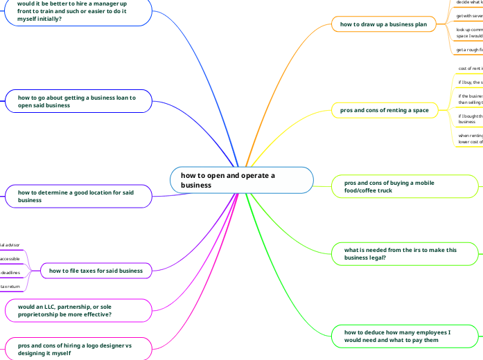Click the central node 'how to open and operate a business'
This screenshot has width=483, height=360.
pyautogui.click(x=241, y=180)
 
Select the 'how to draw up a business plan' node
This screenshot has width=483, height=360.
pyautogui.click(x=383, y=24)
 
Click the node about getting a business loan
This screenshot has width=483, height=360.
pyautogui.click(x=78, y=102)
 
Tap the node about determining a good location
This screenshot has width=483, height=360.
pyautogui.click(x=78, y=196)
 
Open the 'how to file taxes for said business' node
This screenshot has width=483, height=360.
pyautogui.click(x=96, y=271)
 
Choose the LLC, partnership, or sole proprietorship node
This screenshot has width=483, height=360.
pyautogui.click(x=78, y=310)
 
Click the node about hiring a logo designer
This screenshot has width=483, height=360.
pyautogui.click(x=78, y=348)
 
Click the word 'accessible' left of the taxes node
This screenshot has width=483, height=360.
pyautogui.click(x=10, y=258)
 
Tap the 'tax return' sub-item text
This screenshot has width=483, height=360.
pyautogui.click(x=10, y=286)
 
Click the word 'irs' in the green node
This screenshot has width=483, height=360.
pyautogui.click(x=410, y=249)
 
